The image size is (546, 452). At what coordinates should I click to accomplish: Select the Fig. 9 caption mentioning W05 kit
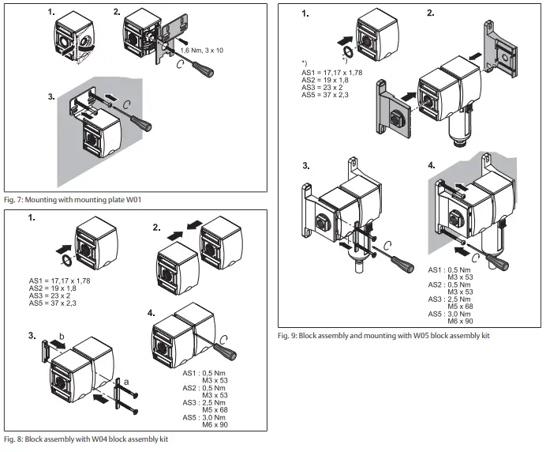click(384, 337)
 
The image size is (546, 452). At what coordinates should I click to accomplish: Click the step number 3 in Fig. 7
click(52, 98)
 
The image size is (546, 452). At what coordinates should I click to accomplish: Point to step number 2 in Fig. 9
click(430, 13)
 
